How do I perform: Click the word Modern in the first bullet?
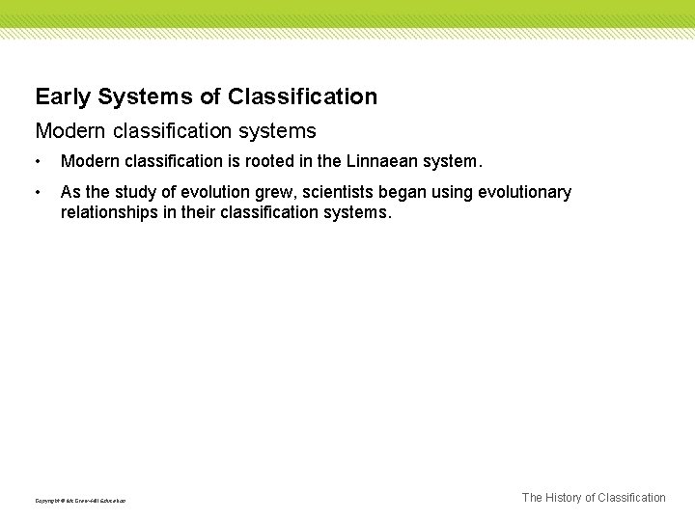(89, 161)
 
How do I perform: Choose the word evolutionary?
(527, 193)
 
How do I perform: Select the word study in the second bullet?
(135, 193)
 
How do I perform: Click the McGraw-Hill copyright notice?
(81, 500)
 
